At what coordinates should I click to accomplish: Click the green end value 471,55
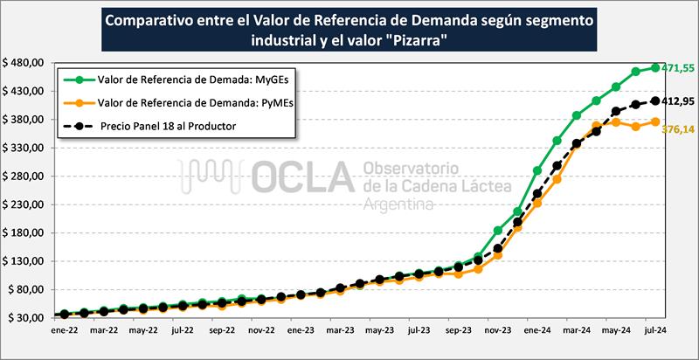coord(675,67)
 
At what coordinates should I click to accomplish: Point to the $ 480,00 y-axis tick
coord(24,63)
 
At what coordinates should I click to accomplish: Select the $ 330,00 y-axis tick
coord(24,148)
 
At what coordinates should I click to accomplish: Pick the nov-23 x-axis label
coord(498,331)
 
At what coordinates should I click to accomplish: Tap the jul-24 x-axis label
coord(655,331)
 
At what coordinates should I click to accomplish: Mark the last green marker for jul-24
coord(656,67)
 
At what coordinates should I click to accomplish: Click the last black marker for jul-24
coord(656,100)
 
